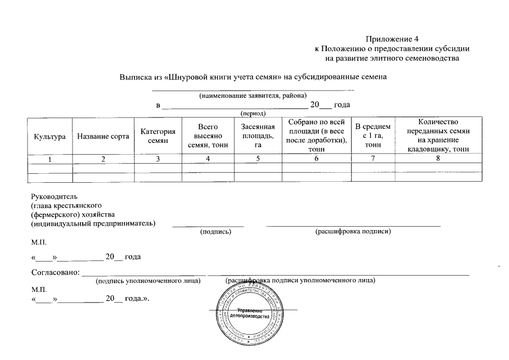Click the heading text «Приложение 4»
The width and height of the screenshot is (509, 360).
[x=392, y=39]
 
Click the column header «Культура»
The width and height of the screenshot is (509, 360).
[x=50, y=137]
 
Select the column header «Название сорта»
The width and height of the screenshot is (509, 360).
[x=103, y=137]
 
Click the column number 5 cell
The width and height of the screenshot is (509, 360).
[x=258, y=159]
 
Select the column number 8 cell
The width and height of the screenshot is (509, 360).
[x=439, y=159]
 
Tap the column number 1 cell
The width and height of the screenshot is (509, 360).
[x=50, y=159]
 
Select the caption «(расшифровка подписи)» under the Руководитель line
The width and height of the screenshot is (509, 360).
[x=353, y=231]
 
